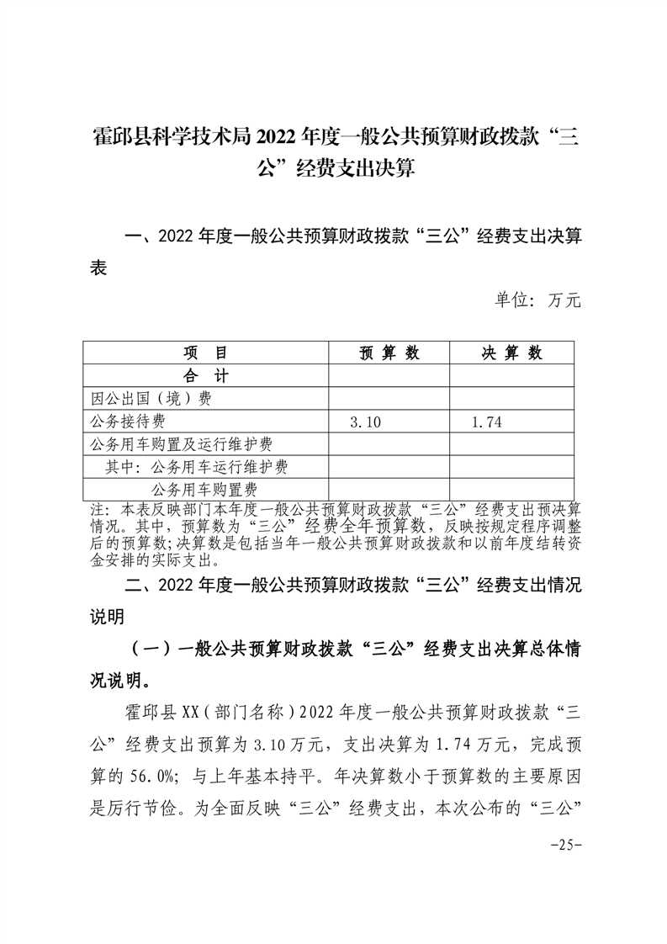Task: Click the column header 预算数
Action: (x=389, y=353)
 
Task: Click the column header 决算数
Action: (x=511, y=353)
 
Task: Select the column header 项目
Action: (x=205, y=353)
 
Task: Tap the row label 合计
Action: (x=205, y=376)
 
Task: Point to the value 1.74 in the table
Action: (x=487, y=422)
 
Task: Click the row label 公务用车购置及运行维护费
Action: (x=179, y=444)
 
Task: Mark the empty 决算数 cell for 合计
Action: (x=511, y=376)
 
